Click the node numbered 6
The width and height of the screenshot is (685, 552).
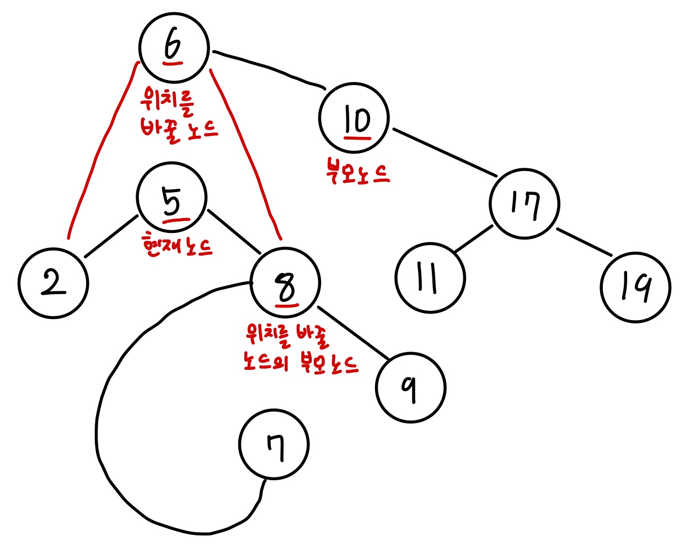174,47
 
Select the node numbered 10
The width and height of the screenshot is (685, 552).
354,118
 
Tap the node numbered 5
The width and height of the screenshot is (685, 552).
172,198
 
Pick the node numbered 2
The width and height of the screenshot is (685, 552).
53,283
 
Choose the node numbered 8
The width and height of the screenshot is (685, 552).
285,283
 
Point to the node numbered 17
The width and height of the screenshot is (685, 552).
524,204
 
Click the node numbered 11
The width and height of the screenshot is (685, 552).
430,278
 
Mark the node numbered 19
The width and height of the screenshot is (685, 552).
635,287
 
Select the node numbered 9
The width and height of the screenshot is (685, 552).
410,387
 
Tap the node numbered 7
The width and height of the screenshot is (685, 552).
274,444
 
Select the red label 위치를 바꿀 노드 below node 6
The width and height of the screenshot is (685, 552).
178,116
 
